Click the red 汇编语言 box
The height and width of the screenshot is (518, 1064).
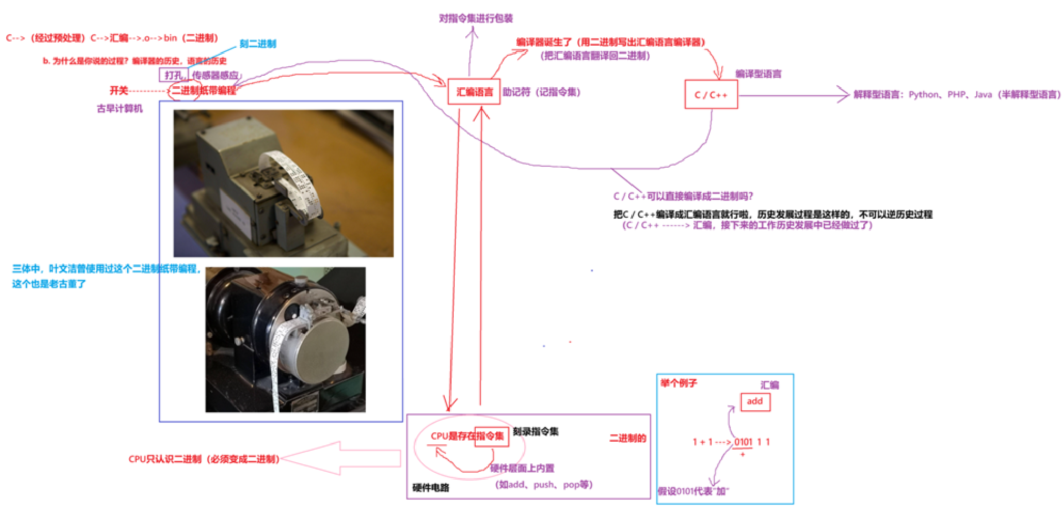474,92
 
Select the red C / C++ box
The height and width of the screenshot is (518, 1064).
711,95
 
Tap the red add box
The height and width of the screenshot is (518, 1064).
755,401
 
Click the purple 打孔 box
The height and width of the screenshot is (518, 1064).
173,75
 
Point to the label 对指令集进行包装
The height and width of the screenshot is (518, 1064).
476,18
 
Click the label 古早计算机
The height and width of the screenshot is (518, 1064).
120,108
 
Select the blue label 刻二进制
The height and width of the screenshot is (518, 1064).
258,44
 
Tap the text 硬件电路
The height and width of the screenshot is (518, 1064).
431,487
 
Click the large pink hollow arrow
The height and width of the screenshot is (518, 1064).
342,458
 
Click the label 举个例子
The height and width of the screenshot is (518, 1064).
679,383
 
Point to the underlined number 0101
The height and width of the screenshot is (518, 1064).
743,442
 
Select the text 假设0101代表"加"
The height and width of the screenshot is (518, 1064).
693,491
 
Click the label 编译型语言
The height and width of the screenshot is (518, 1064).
758,74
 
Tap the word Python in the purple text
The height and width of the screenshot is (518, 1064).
923,95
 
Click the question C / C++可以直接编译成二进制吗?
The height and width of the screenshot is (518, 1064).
683,196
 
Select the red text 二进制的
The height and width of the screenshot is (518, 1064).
628,438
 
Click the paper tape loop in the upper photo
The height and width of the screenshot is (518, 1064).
294,179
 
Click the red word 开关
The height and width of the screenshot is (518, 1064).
119,90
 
